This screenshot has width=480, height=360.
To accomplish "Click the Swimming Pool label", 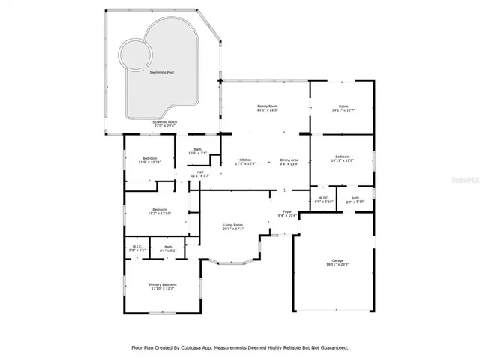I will pos(161,73).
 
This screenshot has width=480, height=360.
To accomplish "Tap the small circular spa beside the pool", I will pos(136,55).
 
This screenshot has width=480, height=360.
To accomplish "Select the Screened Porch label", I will pos(164,122).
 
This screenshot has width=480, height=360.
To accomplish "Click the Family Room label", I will pos(268,107).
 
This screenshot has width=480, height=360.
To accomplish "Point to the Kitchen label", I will pos(245,160).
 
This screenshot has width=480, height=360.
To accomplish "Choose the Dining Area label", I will pos(289,160).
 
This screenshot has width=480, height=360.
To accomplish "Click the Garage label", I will pos(338,261).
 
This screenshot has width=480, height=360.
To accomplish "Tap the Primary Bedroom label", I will pos(163,284).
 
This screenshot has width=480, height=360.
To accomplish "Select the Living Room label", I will pos(233,225).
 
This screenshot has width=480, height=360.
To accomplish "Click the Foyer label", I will pos(286,212).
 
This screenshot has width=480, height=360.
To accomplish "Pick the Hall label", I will pos(200,172).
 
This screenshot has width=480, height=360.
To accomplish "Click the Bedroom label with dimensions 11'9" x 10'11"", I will pos(150,159).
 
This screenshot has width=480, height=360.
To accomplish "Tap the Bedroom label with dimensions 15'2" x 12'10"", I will pos(159,209).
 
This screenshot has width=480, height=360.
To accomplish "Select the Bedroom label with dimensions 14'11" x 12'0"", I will pos(343,157).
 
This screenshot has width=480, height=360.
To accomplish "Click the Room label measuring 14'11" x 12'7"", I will pos(343,107).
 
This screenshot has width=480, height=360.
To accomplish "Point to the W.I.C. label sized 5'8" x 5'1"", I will pos(137,247).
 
